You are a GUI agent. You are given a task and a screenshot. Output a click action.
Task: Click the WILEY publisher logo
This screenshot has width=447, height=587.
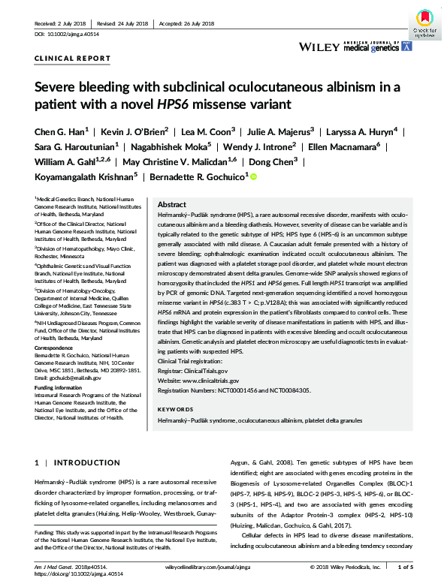click(319, 47)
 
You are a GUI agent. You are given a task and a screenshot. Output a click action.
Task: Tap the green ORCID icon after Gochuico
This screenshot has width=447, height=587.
click(253, 177)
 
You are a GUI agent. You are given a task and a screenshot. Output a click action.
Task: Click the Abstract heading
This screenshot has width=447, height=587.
click(172, 204)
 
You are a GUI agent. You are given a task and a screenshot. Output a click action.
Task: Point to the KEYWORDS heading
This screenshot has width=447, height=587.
click(177, 409)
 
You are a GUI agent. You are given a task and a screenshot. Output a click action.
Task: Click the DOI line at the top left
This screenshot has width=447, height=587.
click(68, 35)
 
